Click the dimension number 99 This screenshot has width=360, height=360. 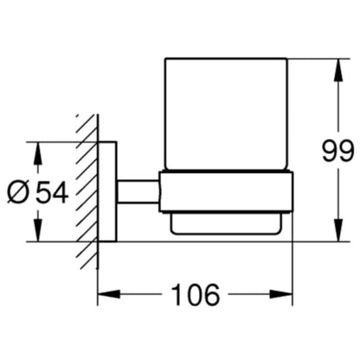[337, 151]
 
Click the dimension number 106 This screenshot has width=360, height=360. [196, 295]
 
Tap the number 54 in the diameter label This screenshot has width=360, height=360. [52, 192]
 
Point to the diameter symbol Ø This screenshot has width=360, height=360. [19, 192]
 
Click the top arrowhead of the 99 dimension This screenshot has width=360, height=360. [338, 71]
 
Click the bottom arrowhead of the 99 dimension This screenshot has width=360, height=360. [338, 229]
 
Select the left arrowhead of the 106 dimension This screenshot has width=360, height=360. [109, 294]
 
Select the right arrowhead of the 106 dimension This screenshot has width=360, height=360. [281, 294]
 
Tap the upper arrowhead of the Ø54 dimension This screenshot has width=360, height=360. [38, 153]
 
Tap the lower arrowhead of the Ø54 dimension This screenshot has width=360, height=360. [38, 229]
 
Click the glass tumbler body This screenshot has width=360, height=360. [226, 114]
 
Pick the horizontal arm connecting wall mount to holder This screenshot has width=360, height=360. [138, 192]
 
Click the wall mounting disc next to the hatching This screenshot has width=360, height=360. [107, 191]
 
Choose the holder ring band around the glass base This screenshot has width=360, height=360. [226, 192]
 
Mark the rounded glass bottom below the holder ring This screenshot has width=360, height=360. [226, 223]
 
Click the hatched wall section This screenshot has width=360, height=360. [87, 192]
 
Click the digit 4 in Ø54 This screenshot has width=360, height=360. [61, 192]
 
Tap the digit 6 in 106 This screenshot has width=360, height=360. [212, 295]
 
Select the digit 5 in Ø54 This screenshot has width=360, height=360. [43, 192]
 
